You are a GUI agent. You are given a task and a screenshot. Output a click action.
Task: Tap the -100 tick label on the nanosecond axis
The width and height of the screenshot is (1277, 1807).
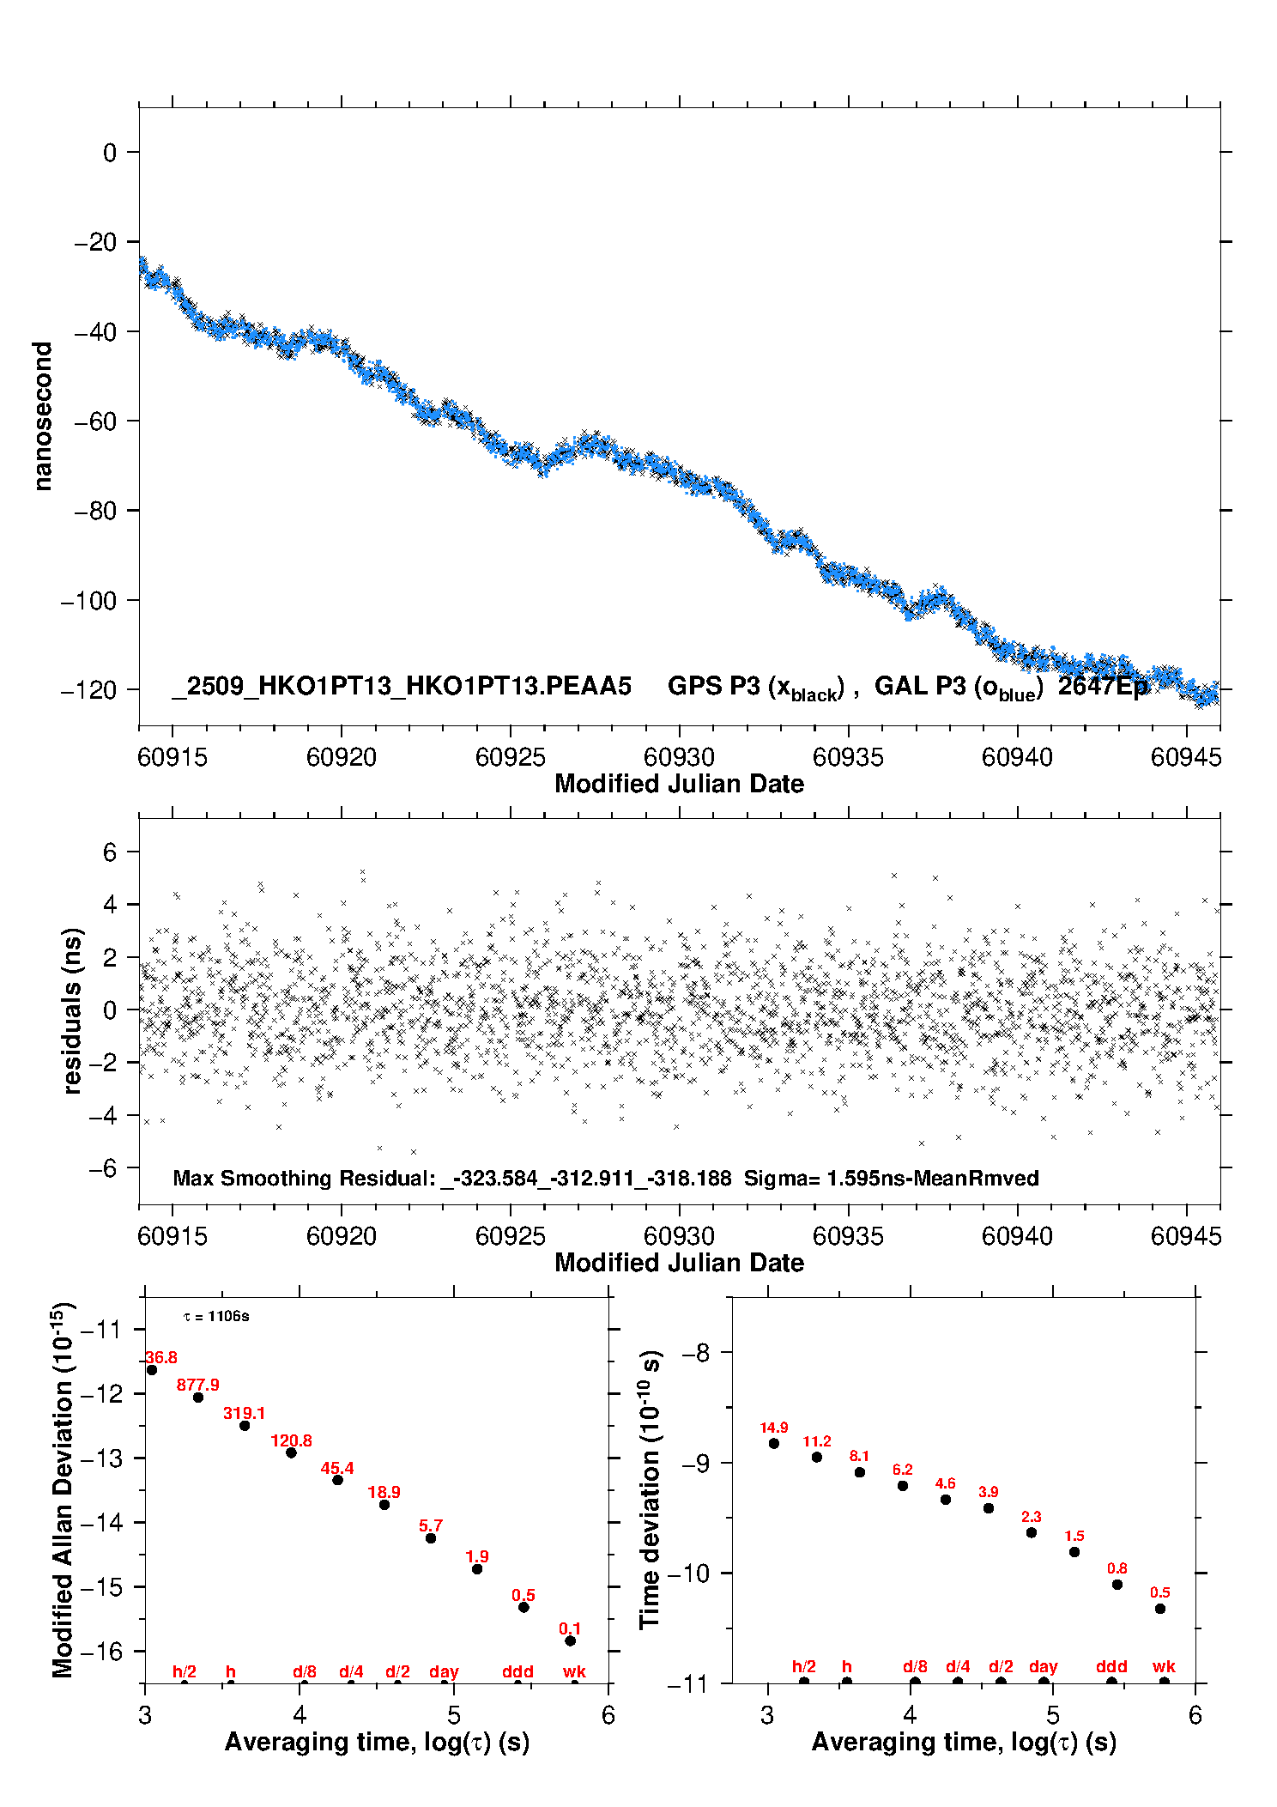coord(89,601)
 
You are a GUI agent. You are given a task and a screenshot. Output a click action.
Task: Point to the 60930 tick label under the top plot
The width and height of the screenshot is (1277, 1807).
coord(679,757)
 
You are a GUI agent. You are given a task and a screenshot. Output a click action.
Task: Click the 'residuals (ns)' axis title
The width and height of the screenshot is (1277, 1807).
coord(73,1010)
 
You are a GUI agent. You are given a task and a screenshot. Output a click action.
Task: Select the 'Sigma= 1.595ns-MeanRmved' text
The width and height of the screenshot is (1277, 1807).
coord(891,1178)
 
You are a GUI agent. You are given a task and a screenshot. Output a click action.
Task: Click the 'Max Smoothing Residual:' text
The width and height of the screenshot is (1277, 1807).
coord(305,1178)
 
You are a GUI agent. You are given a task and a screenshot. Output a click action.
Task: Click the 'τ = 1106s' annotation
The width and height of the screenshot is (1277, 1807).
coord(216,1317)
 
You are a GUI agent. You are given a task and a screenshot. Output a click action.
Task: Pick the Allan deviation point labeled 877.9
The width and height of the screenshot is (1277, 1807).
coord(198,1398)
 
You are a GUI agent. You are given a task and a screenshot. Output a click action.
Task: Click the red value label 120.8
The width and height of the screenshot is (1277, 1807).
coord(291,1441)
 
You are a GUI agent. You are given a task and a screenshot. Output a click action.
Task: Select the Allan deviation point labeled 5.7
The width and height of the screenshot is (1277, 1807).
coord(431,1538)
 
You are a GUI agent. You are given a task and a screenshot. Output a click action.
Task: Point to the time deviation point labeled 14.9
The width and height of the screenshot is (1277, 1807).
coord(774,1443)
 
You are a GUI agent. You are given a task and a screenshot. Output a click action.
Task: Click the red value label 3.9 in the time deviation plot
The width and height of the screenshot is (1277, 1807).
coord(989,1492)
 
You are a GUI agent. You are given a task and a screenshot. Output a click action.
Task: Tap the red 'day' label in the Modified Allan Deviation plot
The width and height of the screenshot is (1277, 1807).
coord(444,1671)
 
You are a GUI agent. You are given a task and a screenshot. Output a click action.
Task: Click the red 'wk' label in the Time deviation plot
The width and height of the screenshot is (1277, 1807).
coord(1164,1666)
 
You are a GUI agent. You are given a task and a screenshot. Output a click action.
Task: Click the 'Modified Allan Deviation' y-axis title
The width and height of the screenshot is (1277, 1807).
coord(63,1489)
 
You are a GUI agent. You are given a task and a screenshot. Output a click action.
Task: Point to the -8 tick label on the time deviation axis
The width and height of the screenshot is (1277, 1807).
coord(696,1353)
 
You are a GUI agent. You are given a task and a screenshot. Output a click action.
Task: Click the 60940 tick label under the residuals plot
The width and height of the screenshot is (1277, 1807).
coord(1017,1236)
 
